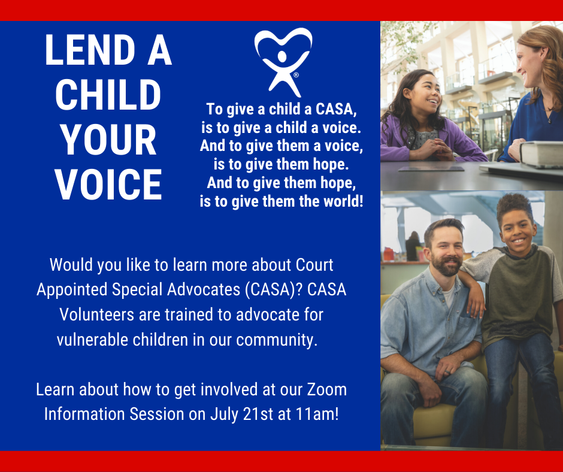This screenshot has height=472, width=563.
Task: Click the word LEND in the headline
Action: point(90,50)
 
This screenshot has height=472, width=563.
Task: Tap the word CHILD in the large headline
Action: point(108,95)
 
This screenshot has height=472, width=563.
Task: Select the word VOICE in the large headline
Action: point(108,184)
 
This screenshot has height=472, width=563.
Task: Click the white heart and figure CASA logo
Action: point(283,62)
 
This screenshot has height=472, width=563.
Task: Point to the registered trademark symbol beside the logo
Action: point(296,75)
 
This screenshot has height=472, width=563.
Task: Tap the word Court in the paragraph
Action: point(314,265)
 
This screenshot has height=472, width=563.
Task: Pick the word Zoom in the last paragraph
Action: point(327,389)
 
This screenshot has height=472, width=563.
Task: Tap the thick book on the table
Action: point(541,154)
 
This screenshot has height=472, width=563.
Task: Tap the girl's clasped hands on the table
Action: point(431,149)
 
